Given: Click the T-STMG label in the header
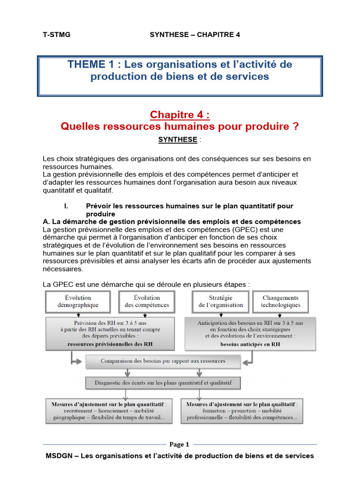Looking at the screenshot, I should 57,35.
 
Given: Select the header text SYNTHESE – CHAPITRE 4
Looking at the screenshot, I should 195,35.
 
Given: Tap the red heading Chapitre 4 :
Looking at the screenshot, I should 180,115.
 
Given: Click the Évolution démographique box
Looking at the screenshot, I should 78,301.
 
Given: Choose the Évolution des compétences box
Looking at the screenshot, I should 147,301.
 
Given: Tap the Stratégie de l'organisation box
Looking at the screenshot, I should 220,301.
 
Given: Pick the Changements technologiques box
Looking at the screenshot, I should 280,301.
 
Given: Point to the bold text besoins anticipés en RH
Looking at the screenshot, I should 250,344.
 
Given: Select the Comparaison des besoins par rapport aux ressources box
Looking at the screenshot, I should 163,361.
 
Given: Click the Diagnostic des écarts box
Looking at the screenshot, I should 163,383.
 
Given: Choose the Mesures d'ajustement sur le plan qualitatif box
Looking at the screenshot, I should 242,411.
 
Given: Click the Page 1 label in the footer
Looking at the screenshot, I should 180,444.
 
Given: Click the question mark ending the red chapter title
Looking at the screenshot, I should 295,127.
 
